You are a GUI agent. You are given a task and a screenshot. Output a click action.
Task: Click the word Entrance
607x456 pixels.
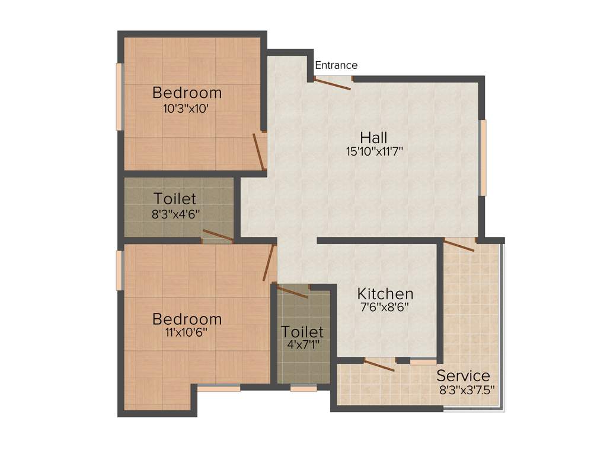click(336, 65)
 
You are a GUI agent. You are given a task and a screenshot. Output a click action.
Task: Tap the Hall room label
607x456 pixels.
click(373, 138)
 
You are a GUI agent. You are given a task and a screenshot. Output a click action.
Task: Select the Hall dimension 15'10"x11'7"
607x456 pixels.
click(375, 151)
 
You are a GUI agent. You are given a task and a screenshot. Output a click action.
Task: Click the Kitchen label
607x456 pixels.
click(385, 294)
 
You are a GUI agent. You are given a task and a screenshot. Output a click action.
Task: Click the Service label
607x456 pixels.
click(464, 376)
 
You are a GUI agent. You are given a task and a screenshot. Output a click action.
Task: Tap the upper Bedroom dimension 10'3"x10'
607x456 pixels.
click(187, 109)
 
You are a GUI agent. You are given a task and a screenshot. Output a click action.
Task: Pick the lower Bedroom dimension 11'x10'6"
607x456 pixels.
click(187, 332)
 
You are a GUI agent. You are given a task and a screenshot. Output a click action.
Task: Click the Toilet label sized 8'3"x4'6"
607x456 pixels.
click(175, 198)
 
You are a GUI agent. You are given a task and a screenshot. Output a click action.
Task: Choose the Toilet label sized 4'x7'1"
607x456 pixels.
click(302, 331)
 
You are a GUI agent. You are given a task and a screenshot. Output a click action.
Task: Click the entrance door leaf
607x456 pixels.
click(332, 84)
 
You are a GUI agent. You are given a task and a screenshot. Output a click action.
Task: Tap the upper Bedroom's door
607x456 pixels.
click(258, 151)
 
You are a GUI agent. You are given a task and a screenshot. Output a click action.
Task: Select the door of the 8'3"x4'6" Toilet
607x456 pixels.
click(218, 235)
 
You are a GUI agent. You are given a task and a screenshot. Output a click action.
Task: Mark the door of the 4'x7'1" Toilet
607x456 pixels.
click(292, 291)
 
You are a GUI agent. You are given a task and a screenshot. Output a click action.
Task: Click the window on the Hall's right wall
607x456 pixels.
click(483, 158)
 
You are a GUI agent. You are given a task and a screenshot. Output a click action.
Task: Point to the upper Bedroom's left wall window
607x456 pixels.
click(119, 97)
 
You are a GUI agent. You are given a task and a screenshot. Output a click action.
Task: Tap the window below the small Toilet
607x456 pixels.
click(303, 389)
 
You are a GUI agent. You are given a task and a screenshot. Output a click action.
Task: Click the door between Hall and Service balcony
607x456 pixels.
click(459, 245)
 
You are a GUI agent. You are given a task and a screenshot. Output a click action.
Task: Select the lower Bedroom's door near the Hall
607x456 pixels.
click(270, 262)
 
